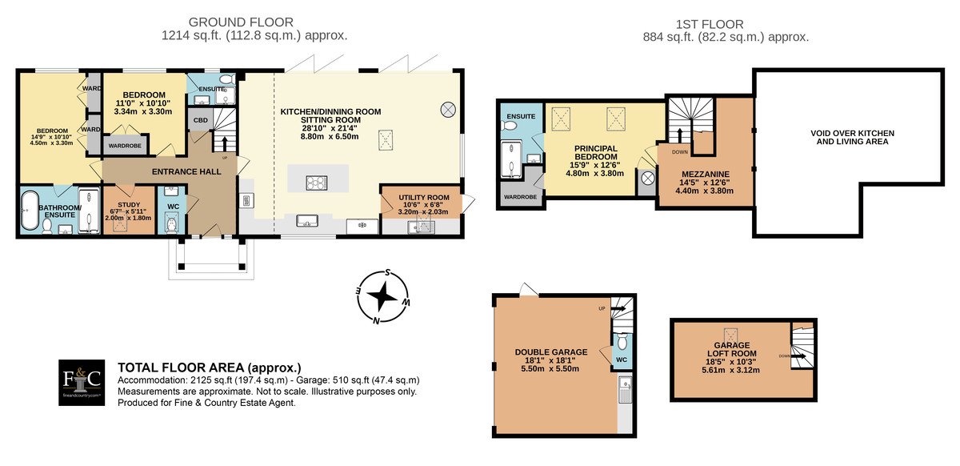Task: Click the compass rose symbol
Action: coord(382,297)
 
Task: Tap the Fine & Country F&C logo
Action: coord(82,383)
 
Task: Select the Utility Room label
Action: coord(423,198)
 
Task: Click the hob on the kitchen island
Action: coord(317,183)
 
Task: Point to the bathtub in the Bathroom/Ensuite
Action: coord(30,211)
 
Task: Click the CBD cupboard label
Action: coord(200,120)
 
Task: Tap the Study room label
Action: coord(129,205)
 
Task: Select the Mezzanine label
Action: coord(705,175)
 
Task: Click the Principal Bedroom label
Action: coord(596,153)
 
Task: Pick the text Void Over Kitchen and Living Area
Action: coord(852,137)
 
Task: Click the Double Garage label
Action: coord(550,352)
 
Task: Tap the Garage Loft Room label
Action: coord(731,349)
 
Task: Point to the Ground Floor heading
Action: coord(241,22)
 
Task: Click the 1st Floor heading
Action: coord(710,25)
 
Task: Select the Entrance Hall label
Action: coord(186,171)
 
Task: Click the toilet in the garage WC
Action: coord(622,342)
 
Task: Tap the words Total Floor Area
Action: coord(182,368)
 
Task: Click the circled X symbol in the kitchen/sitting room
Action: coord(448,110)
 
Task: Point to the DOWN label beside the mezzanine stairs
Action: coord(680,152)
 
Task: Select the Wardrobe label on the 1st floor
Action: coord(520,196)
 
